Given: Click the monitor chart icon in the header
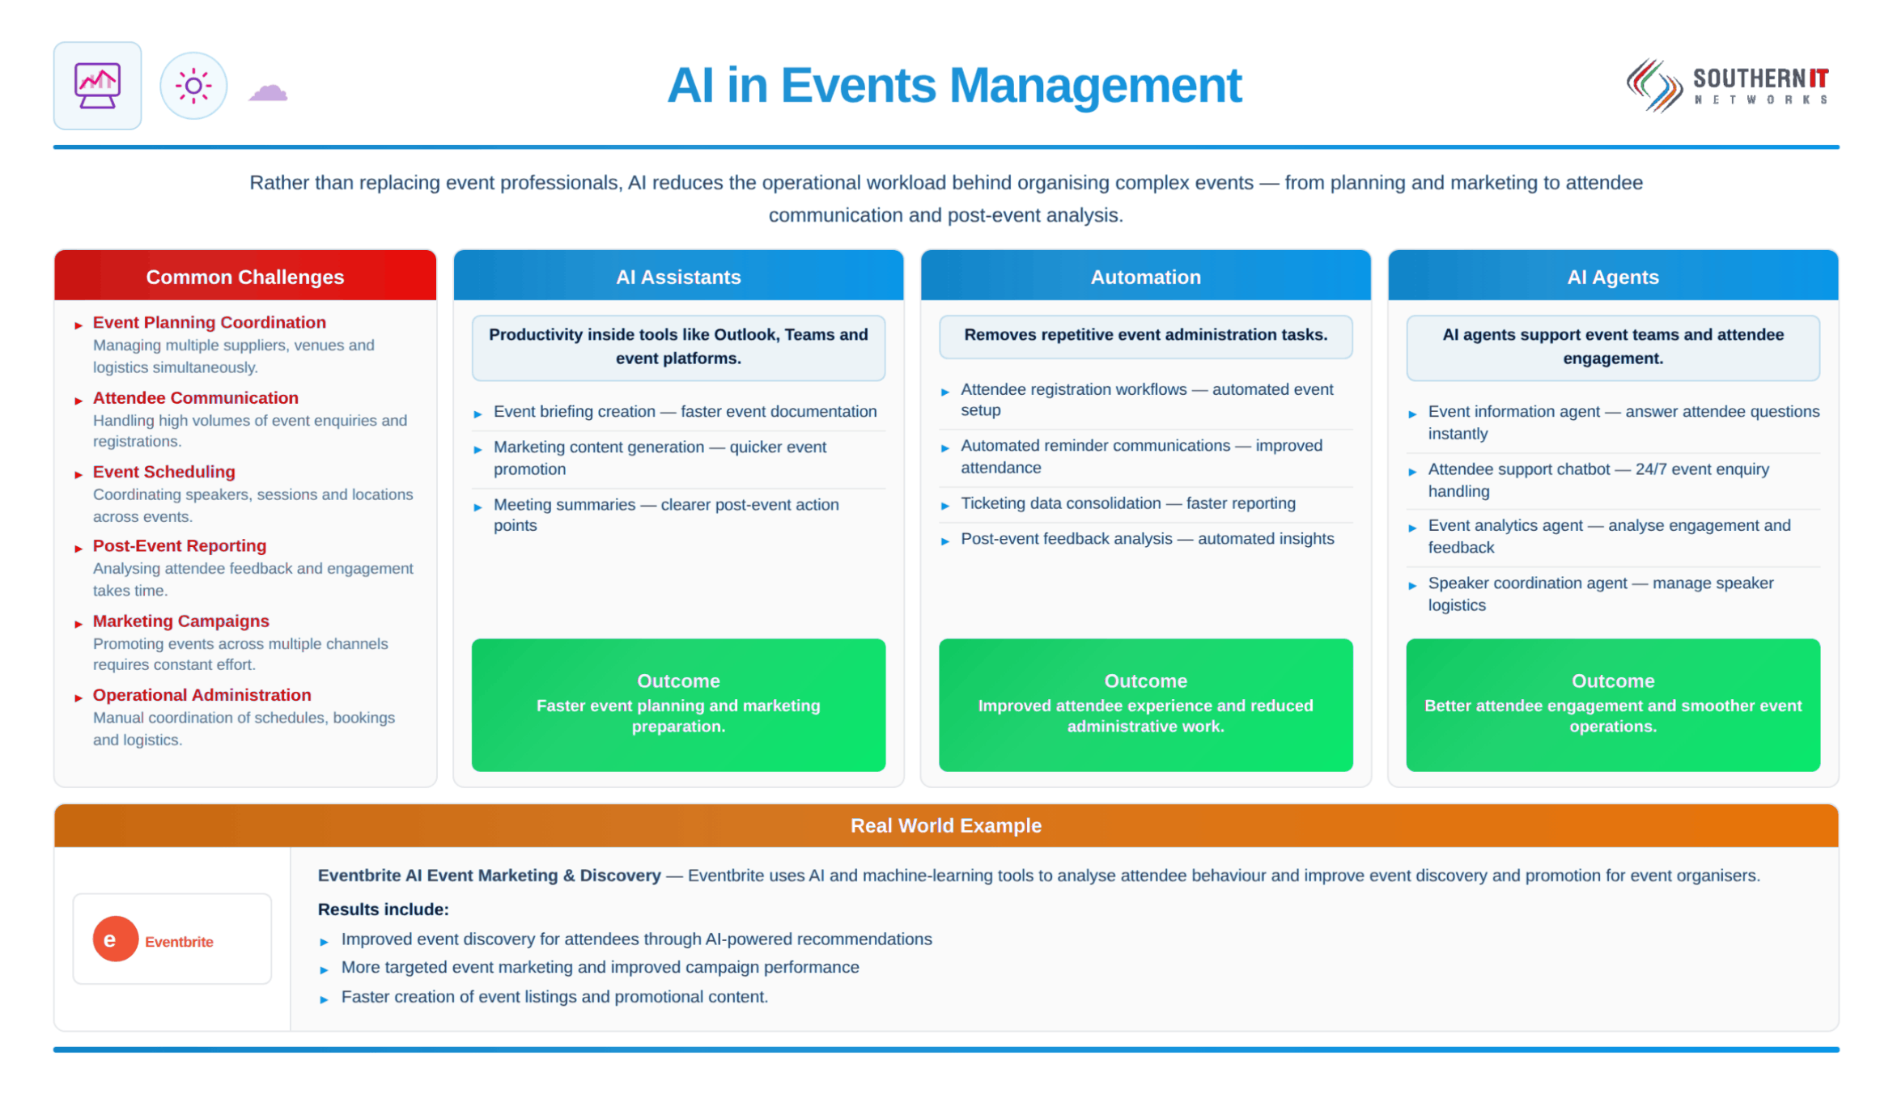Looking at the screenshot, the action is click(x=97, y=85).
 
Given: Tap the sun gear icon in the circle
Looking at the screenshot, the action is click(x=193, y=85).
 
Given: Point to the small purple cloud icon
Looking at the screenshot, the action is click(x=268, y=91).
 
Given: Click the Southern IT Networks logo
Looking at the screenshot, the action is click(x=1727, y=85).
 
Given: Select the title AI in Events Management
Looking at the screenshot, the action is click(x=953, y=85).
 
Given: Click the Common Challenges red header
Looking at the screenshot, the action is click(x=245, y=276).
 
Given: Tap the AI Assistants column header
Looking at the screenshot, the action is click(x=678, y=276).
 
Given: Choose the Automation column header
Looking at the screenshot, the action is click(x=1145, y=276).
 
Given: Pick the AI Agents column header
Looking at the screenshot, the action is click(x=1613, y=276).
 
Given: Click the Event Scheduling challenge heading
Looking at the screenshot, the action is click(x=163, y=472).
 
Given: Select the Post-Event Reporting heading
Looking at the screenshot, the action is click(x=179, y=545).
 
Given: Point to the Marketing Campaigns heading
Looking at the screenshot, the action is click(x=180, y=621).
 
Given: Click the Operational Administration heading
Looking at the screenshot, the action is click(x=202, y=695).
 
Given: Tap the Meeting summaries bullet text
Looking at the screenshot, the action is click(x=666, y=515).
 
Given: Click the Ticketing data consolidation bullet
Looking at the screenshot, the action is click(x=1128, y=503).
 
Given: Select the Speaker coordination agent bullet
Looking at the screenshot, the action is click(x=1600, y=594).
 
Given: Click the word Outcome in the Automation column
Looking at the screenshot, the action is click(x=1145, y=681).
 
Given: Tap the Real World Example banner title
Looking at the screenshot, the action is click(x=945, y=825).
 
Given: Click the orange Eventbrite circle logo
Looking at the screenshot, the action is click(x=115, y=939).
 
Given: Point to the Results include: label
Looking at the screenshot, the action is click(x=383, y=910).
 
